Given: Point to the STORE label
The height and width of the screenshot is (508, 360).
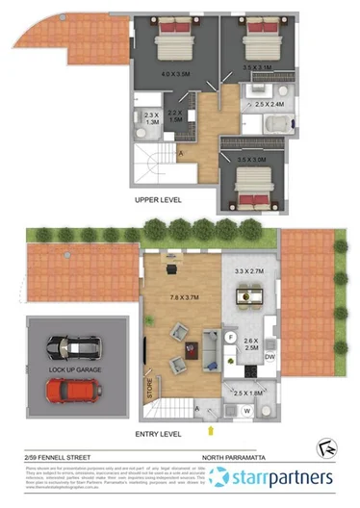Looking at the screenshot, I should [x=149, y=391].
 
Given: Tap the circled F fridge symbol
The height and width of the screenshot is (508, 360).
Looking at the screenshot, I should [x=231, y=336].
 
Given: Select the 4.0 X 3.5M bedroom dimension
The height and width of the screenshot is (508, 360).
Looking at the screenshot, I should [x=176, y=72].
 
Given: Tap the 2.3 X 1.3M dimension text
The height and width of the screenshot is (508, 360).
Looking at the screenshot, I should [x=150, y=118].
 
